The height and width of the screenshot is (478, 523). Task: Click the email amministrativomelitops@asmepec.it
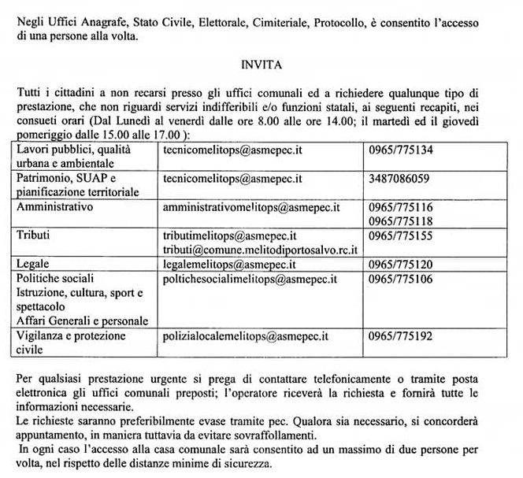click(x=250, y=207)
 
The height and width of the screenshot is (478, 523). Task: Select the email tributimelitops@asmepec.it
click(x=228, y=235)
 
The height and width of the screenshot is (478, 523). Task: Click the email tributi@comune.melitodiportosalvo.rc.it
click(x=260, y=249)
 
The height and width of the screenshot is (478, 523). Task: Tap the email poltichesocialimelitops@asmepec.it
click(x=250, y=279)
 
